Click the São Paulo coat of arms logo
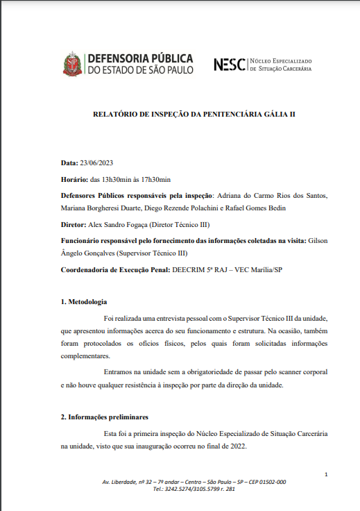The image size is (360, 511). point(71,64)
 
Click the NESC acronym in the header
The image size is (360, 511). point(230,65)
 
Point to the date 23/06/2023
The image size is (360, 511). point(96,163)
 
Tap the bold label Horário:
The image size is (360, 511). point(75,180)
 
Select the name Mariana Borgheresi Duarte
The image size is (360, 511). point(99,208)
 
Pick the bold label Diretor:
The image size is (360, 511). point(74,225)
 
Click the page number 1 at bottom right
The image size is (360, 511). point(326,474)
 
